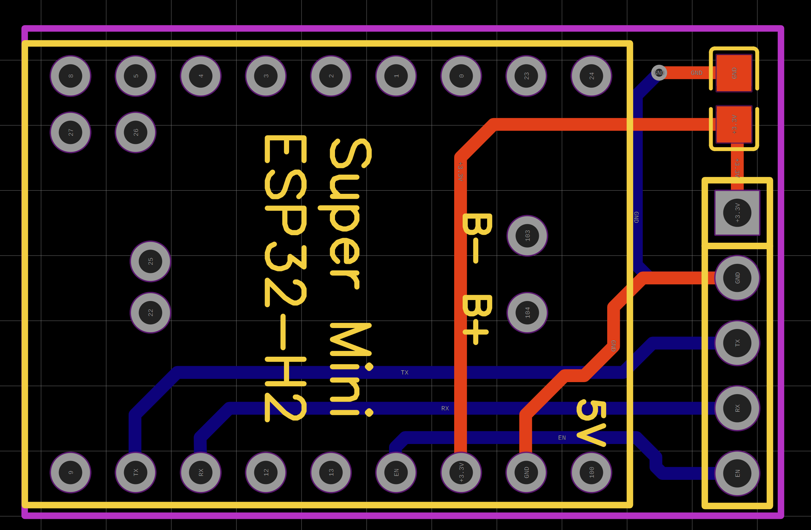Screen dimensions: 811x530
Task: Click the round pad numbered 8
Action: pos(71,76)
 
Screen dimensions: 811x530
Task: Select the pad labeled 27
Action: pos(71,132)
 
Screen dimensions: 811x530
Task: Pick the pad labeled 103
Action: pos(527,236)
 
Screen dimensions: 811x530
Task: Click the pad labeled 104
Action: pos(527,312)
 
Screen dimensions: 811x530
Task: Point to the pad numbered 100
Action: pos(591,472)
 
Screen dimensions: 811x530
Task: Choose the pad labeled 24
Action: pos(591,76)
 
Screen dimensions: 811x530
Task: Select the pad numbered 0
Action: pos(461,76)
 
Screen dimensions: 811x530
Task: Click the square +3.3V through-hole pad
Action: pos(737,213)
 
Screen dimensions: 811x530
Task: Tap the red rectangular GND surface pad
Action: pos(734,73)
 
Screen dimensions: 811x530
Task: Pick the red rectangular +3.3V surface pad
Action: pos(734,124)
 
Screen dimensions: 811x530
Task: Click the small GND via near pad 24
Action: pos(659,73)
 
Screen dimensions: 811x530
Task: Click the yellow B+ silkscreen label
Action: pos(476,320)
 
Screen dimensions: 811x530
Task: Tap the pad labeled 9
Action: pos(71,472)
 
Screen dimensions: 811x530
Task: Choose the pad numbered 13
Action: pos(331,472)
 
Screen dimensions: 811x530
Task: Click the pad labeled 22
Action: pos(150,312)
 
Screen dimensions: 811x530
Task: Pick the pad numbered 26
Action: pos(136,132)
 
